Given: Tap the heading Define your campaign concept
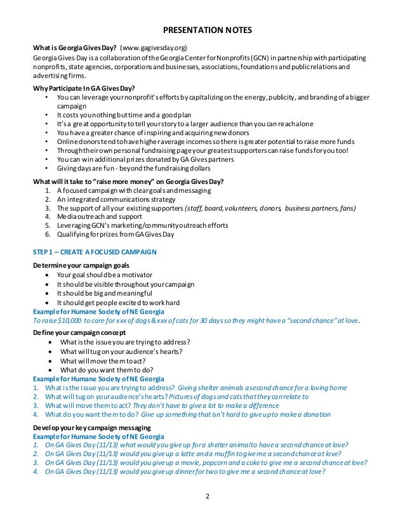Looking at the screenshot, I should pos(79,332).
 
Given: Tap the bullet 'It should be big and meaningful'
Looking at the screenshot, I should pos(104,293).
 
